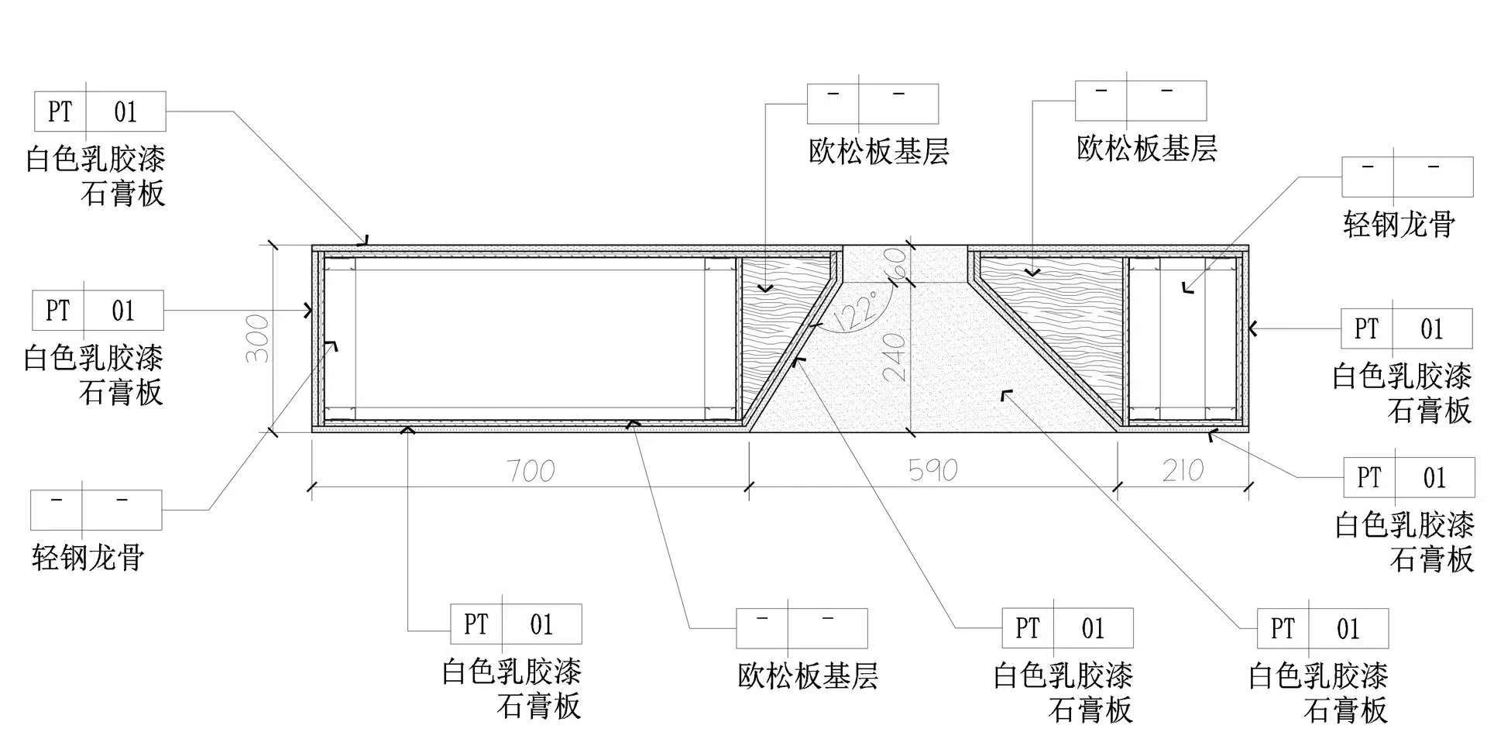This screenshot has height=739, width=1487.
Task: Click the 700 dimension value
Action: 531,470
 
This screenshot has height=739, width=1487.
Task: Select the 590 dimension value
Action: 932,470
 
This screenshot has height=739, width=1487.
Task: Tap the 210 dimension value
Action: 1183,470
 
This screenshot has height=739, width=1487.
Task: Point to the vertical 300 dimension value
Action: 258,339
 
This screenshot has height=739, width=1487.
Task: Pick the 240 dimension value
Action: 895,356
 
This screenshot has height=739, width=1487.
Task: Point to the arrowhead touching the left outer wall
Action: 309,311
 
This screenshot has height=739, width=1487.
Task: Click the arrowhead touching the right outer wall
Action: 1253,329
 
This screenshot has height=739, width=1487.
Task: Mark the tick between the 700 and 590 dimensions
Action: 748,486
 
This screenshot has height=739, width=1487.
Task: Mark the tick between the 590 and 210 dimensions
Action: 1117,486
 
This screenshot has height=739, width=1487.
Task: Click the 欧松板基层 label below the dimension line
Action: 808,675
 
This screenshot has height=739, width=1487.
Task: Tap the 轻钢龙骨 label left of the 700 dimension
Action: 88,557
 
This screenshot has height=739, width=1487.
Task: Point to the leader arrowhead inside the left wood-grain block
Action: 765,289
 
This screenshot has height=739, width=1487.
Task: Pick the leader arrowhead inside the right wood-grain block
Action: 1032,272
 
